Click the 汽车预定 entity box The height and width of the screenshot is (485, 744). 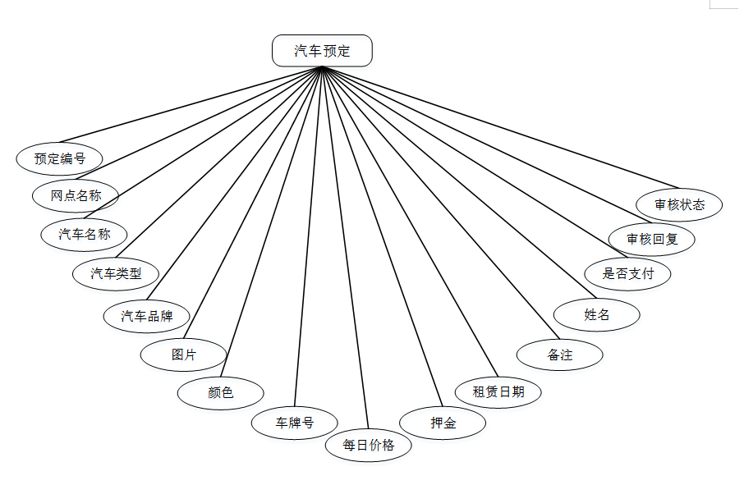pos(322,51)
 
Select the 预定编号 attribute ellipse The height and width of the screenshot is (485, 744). pos(59,158)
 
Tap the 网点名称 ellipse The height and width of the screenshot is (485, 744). pos(76,195)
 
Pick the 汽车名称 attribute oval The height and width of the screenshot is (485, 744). pos(84,234)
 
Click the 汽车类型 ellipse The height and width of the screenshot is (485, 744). pos(116,273)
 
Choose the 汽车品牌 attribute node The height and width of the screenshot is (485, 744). pos(147,316)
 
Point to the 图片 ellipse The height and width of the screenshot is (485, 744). pos(183,355)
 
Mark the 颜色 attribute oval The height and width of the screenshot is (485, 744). pos(220,392)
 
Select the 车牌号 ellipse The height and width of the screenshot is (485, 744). pos(294,423)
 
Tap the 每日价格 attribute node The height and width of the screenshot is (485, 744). pos(368,445)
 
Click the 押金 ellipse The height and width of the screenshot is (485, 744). pos(443,423)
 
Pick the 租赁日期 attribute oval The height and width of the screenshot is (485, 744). pos(498,391)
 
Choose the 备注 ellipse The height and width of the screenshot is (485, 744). pos(559,355)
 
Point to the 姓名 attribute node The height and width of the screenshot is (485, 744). pos(596,314)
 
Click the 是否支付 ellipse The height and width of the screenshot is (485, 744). pos(627,273)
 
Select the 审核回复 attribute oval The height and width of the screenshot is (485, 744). pos(652,239)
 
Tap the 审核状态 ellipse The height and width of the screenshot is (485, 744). pos(679,204)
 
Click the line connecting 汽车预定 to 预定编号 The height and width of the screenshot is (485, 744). pos(189,105)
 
